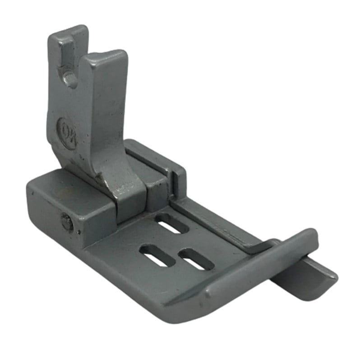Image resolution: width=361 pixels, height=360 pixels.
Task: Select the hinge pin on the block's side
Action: [x=67, y=222]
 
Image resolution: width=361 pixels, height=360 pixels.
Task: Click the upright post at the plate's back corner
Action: [x=178, y=180]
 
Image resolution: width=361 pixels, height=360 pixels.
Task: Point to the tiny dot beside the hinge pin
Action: [x=79, y=233]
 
